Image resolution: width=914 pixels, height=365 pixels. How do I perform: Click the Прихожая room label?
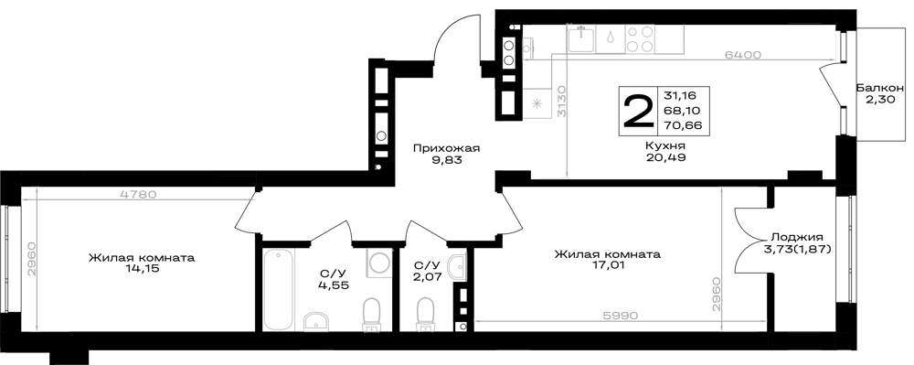point(447,148)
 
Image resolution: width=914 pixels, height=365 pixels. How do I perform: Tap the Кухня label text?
point(664,145)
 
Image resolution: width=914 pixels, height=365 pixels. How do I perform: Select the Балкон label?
point(879,89)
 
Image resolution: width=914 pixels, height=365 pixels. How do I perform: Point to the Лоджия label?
point(797,237)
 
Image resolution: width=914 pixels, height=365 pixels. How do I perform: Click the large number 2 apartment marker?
point(639,112)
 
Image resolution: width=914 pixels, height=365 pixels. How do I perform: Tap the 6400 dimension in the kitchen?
point(744,55)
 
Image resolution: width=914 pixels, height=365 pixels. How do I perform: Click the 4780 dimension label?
point(138,195)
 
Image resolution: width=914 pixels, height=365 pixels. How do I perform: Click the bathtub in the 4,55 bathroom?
point(278,290)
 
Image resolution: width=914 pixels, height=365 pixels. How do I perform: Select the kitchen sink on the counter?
point(580,38)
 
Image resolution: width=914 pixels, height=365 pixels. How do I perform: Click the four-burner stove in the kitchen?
point(640,38)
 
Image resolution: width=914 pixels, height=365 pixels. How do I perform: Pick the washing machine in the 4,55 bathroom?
point(378,263)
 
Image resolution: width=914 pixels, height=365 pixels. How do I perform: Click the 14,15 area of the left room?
point(142,269)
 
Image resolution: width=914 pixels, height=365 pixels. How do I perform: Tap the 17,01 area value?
point(608,266)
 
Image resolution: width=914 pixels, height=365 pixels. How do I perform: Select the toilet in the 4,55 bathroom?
point(371,314)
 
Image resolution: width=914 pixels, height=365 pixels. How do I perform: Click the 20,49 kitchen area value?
point(664,156)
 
